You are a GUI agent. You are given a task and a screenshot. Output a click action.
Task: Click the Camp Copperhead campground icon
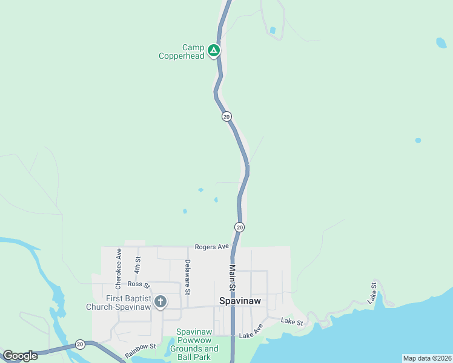click(x=213, y=51)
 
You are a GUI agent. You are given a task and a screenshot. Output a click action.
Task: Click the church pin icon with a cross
click(x=160, y=301)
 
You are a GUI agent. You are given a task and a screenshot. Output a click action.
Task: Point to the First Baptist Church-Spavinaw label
click(x=127, y=302)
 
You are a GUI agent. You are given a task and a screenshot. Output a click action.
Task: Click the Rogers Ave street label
click(x=212, y=247)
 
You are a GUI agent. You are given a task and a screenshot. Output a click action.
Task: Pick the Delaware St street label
click(x=188, y=275)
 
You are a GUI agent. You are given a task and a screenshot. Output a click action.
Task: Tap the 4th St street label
click(x=137, y=267)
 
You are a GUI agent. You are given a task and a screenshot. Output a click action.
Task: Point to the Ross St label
click(x=134, y=284)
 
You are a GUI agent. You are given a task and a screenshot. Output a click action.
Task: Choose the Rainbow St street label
click(x=141, y=350)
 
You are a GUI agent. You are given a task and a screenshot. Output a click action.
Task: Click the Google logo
click(x=20, y=356)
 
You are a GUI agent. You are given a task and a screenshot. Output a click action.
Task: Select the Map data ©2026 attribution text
click(x=427, y=358)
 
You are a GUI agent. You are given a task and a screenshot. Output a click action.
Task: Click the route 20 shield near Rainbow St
click(x=80, y=344)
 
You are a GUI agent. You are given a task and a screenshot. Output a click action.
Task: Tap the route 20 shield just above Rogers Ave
click(x=240, y=227)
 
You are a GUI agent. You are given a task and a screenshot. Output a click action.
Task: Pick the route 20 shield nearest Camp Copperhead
click(x=226, y=116)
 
